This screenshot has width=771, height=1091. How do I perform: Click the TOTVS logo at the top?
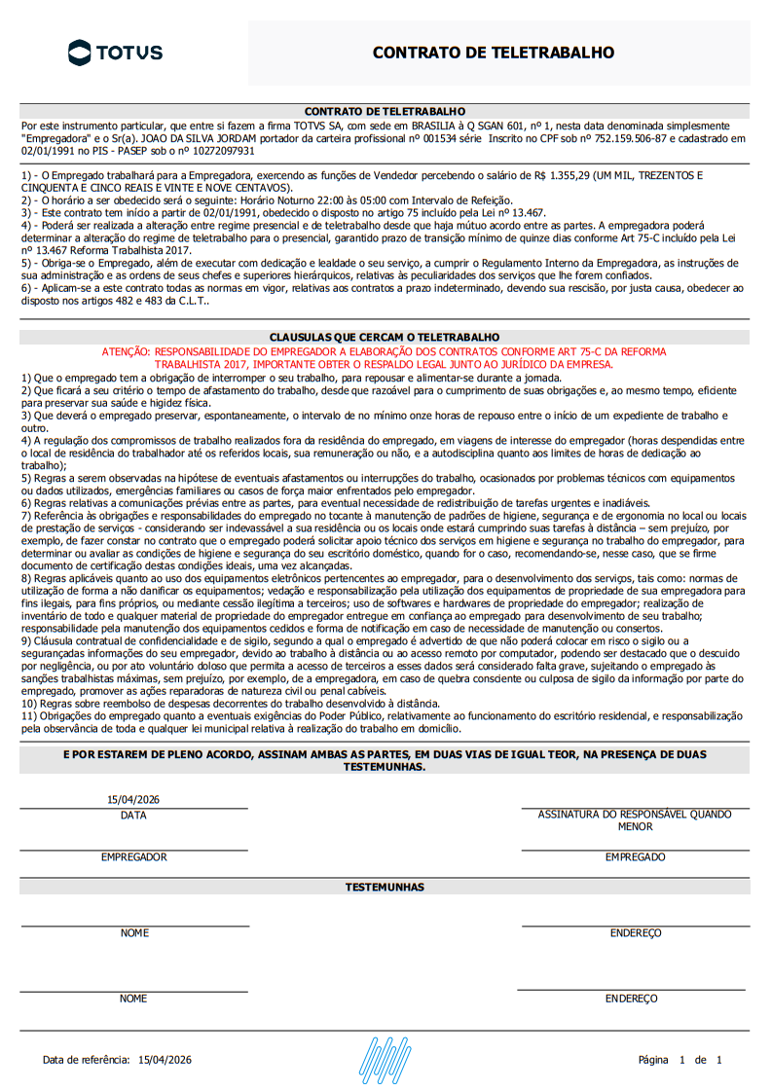click(115, 52)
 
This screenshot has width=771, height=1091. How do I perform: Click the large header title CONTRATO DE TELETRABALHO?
click(494, 53)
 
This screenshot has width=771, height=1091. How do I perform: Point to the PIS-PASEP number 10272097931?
click(222, 151)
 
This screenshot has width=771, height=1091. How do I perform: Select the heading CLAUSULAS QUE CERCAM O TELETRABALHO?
click(385, 337)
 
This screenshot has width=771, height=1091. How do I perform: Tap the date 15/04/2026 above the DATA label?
click(133, 800)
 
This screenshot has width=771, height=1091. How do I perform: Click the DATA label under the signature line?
click(133, 816)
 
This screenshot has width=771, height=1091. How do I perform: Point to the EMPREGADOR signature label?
click(133, 857)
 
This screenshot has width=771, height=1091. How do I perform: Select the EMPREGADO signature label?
click(635, 857)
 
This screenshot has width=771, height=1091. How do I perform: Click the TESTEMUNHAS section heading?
click(385, 888)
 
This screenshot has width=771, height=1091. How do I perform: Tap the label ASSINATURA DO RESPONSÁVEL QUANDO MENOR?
click(635, 820)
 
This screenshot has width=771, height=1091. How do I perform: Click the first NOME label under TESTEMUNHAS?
click(134, 933)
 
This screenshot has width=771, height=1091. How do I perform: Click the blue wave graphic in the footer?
click(385, 1059)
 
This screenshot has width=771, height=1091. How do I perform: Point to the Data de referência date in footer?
click(165, 1060)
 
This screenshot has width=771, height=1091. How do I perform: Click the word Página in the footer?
click(653, 1060)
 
